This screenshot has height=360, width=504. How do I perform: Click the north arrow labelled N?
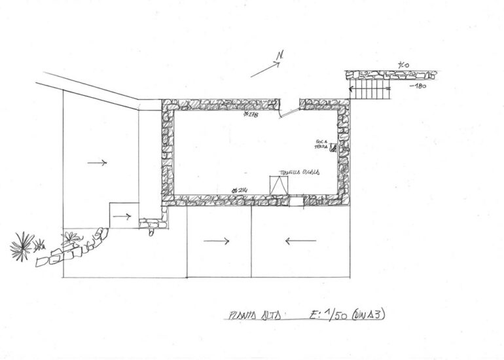(x=266, y=66)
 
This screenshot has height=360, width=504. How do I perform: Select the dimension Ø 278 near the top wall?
(x=251, y=115)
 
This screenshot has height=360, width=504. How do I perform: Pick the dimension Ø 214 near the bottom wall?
(x=240, y=189)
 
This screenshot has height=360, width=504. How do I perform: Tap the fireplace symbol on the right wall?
(x=333, y=148)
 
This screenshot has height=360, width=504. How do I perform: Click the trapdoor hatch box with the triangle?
(x=279, y=185)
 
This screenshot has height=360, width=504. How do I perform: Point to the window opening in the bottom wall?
(x=297, y=200)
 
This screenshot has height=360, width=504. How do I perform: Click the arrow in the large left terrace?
(x=97, y=162)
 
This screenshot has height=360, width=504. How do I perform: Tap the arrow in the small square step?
(x=126, y=217)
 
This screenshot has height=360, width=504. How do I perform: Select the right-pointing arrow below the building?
(x=216, y=242)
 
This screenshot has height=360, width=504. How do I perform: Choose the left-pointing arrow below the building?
(x=300, y=242)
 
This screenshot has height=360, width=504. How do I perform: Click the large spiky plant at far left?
(x=22, y=246)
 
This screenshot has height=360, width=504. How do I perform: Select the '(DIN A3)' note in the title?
(x=369, y=314)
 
